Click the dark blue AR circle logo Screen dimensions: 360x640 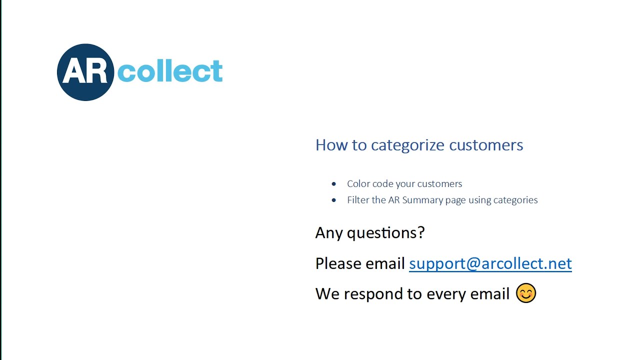coord(85,72)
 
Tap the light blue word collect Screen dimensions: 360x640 coord(169,72)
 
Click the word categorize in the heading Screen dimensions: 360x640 coord(407,145)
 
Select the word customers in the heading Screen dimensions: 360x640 coord(486,145)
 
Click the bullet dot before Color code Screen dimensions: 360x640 coord(334,184)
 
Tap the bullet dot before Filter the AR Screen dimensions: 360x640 coord(334,200)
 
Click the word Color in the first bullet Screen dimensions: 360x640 coord(358,184)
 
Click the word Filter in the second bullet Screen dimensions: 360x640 coord(358,200)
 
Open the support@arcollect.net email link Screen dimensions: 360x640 coord(490,263)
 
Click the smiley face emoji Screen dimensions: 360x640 coord(525,293)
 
